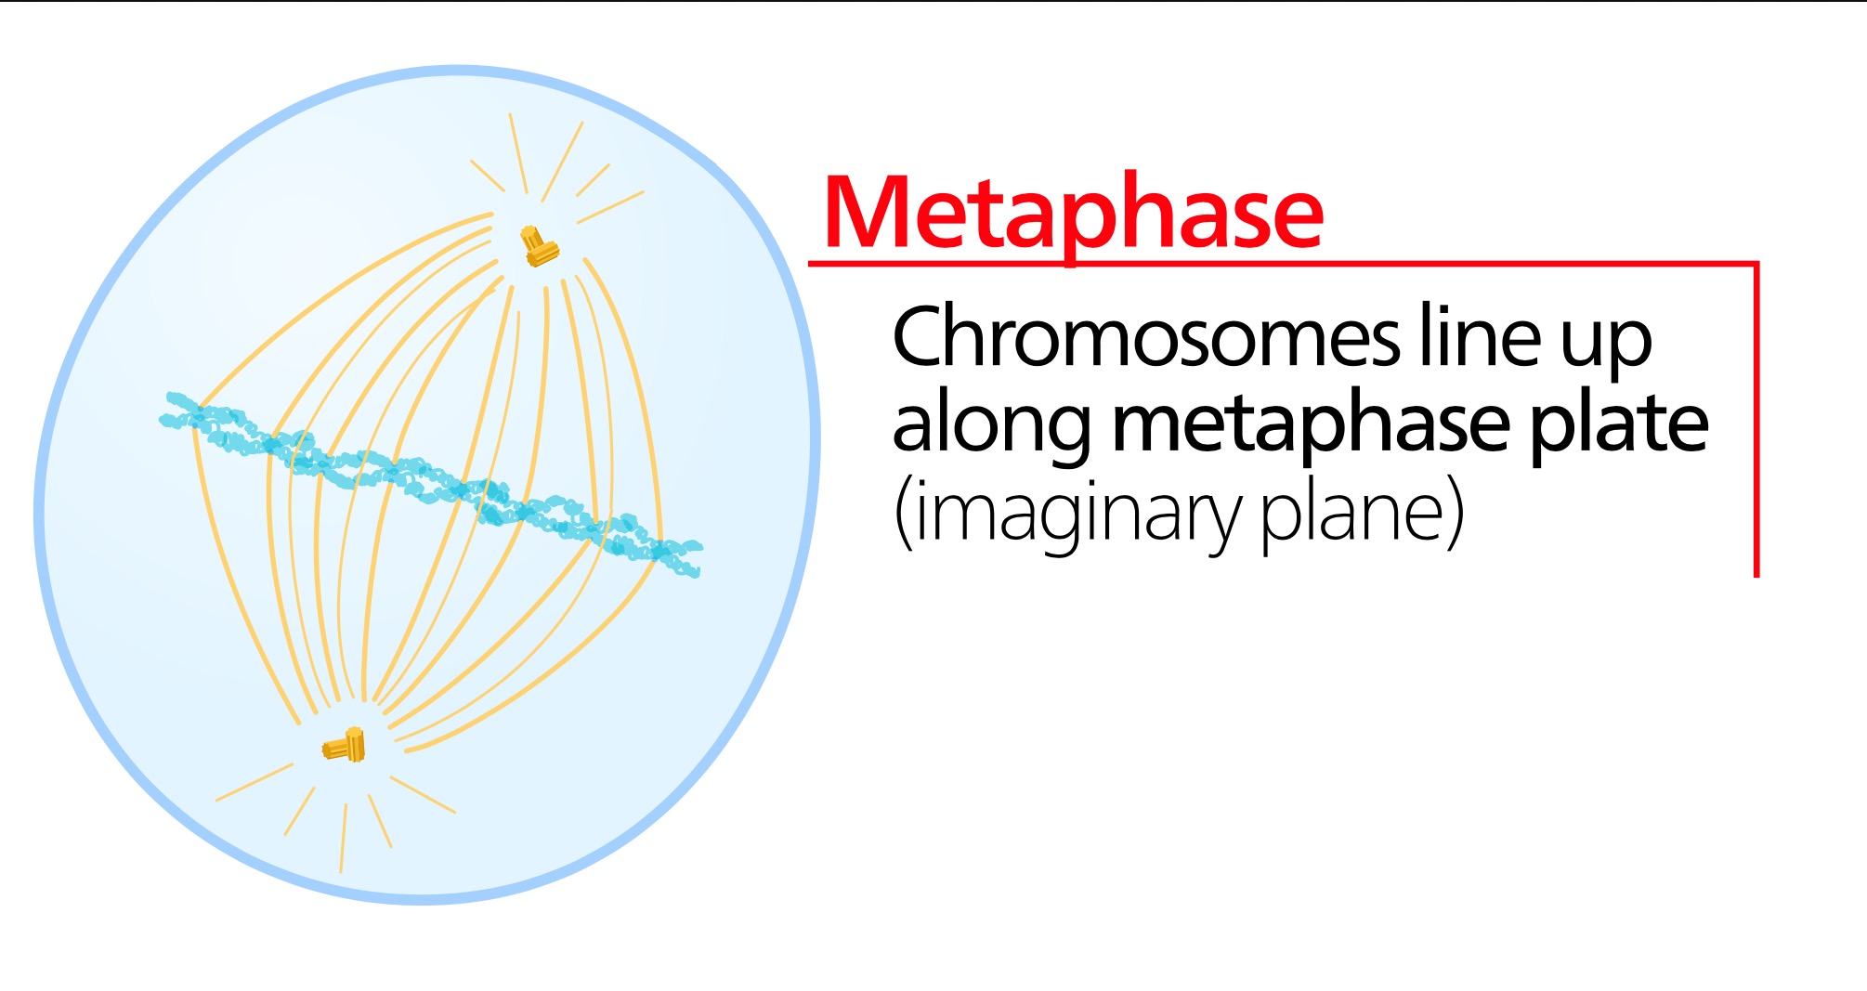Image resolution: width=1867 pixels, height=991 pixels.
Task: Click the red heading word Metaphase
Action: click(1073, 214)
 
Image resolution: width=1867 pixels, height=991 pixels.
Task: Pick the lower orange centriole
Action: click(345, 746)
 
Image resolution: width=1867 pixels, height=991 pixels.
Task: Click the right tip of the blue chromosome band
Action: click(700, 548)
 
